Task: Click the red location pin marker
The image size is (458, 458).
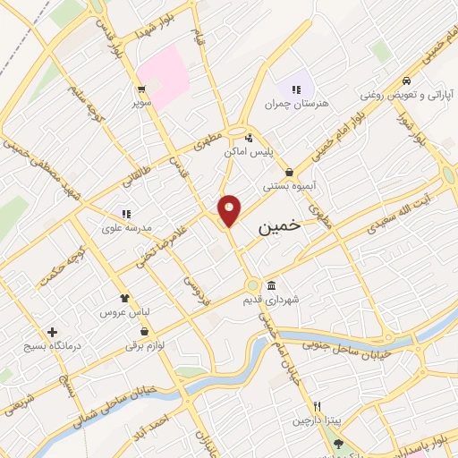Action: click(x=230, y=209)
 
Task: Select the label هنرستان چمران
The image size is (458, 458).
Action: click(x=296, y=104)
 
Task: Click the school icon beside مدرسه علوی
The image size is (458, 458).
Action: click(x=126, y=214)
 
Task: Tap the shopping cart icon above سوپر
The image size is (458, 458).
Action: click(x=141, y=89)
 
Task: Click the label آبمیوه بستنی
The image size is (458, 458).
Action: click(x=286, y=187)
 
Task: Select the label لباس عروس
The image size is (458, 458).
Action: click(x=124, y=312)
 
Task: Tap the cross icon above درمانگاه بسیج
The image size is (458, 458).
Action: click(x=53, y=331)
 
